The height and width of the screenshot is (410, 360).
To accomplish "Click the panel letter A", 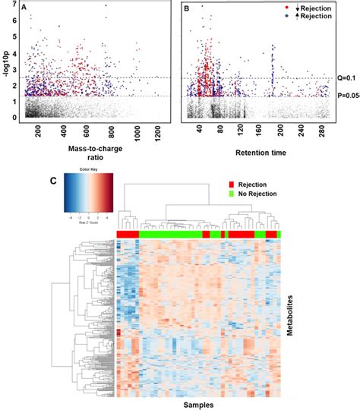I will (26, 7).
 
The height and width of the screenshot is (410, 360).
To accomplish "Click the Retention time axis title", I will (259, 151).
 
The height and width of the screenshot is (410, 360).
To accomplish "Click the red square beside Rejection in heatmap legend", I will (232, 184).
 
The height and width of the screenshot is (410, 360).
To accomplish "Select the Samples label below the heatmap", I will (197, 404).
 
